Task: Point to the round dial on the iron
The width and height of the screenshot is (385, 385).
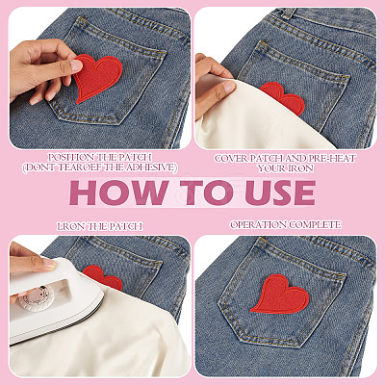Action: (36, 297)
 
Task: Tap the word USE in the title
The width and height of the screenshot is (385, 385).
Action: (281, 192)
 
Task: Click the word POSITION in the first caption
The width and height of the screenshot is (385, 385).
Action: (67, 158)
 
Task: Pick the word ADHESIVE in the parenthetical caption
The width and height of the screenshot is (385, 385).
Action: (152, 167)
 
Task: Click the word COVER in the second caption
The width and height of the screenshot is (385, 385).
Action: (228, 158)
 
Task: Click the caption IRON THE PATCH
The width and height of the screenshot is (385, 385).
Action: (100, 226)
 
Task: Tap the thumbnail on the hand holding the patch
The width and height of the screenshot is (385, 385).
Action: (76, 65)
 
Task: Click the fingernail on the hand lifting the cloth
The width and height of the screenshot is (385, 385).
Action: (228, 87)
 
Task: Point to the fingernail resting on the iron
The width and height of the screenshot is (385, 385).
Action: (49, 264)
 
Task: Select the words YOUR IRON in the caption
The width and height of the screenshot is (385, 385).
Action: (285, 168)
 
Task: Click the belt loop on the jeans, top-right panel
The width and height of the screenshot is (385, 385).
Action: (289, 13)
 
